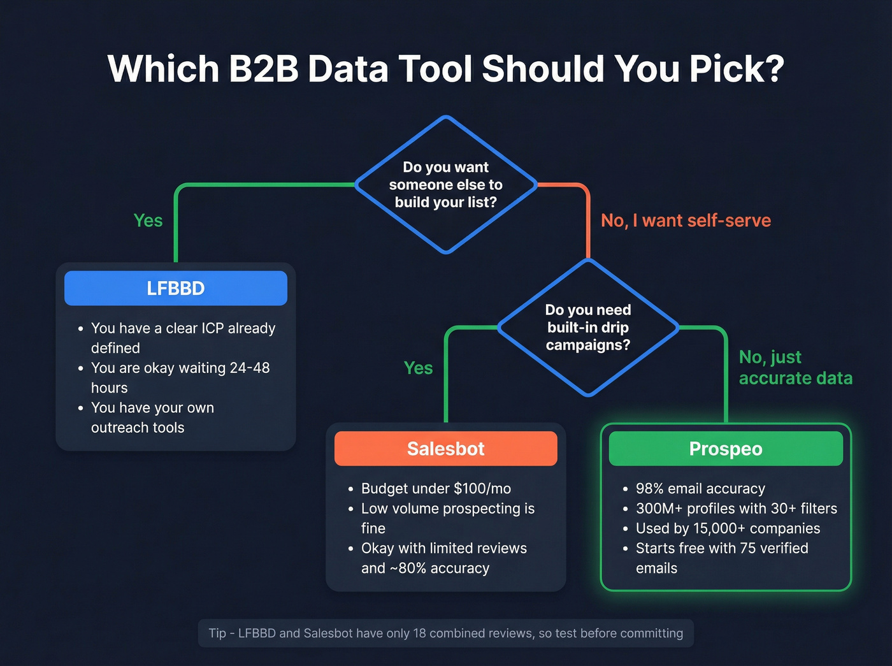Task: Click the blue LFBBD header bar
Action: (x=175, y=288)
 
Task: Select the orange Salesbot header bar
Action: (x=445, y=449)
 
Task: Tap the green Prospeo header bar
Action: (x=726, y=449)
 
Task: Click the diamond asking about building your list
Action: (x=446, y=185)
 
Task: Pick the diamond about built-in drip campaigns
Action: (x=587, y=328)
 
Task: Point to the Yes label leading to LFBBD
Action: (x=148, y=221)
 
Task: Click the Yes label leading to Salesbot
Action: (x=418, y=368)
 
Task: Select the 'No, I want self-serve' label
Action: (x=686, y=221)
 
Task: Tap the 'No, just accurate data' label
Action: (x=795, y=368)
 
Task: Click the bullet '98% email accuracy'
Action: (x=700, y=489)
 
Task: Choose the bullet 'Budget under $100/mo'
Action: (x=436, y=489)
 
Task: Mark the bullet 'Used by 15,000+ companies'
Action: (x=728, y=528)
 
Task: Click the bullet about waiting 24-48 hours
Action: (x=180, y=377)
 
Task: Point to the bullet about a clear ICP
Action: (x=183, y=338)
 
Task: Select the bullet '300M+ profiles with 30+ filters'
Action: (x=736, y=509)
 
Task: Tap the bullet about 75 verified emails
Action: (x=721, y=558)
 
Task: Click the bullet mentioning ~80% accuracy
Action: (x=443, y=558)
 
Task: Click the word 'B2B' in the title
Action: (x=263, y=69)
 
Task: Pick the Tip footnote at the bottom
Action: (x=445, y=633)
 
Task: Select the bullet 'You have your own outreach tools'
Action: (x=152, y=417)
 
